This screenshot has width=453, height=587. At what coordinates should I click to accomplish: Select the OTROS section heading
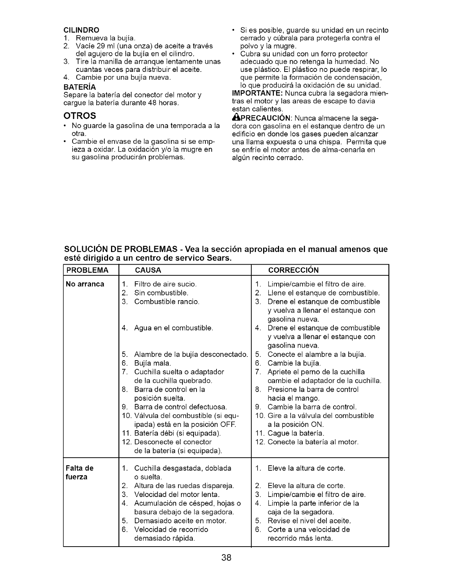[x=80, y=115]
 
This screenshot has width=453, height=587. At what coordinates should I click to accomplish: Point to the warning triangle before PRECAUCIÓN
[x=235, y=118]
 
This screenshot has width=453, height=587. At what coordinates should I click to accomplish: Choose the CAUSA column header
[x=148, y=270]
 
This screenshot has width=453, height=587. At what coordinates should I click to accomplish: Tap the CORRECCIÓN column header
[x=293, y=270]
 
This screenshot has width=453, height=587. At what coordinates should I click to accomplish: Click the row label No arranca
[x=85, y=284]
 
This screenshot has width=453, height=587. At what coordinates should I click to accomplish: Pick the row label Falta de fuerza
[x=79, y=472]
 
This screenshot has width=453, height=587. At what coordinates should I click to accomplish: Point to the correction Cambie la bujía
[x=294, y=363]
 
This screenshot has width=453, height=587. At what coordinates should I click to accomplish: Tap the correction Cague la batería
[x=296, y=433]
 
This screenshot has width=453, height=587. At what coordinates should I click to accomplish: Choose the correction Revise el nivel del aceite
[x=309, y=521]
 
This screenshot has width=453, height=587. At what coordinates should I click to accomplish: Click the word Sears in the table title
[x=219, y=258]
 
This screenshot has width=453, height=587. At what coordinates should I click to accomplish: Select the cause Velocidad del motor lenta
[x=177, y=494]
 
